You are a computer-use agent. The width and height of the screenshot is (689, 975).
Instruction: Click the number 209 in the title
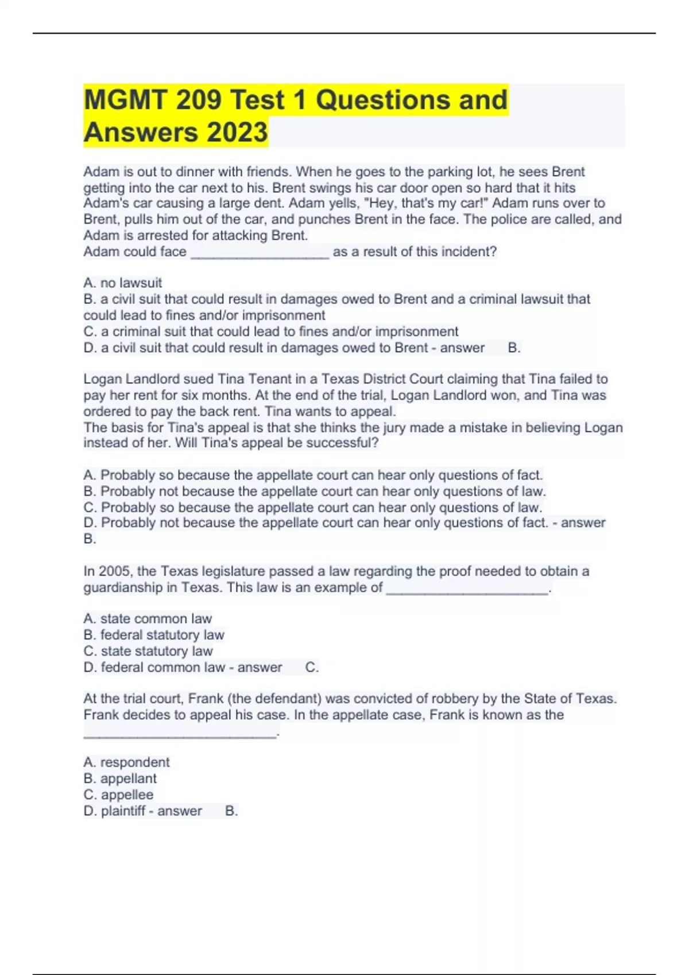click(x=199, y=100)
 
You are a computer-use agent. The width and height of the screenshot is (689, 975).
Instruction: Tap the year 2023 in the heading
click(x=237, y=132)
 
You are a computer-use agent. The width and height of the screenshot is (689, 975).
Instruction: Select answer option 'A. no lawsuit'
click(x=123, y=283)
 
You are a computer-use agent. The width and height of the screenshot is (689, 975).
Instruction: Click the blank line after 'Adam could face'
click(x=260, y=253)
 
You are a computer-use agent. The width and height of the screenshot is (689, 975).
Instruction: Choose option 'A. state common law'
click(x=148, y=619)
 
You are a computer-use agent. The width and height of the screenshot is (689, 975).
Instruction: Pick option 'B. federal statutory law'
click(x=154, y=635)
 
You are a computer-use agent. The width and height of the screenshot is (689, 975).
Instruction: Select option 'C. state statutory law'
click(x=148, y=651)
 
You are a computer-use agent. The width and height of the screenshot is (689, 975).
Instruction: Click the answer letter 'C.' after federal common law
click(x=312, y=667)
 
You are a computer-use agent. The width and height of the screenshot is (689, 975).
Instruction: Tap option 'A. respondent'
click(x=126, y=762)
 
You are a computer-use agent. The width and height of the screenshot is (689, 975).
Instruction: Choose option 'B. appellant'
click(x=120, y=778)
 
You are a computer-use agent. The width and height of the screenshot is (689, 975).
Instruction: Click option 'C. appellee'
click(x=118, y=794)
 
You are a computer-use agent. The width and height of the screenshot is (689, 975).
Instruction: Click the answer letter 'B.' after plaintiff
click(x=231, y=810)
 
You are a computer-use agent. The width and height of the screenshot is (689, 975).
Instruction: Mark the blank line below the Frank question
click(x=180, y=732)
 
